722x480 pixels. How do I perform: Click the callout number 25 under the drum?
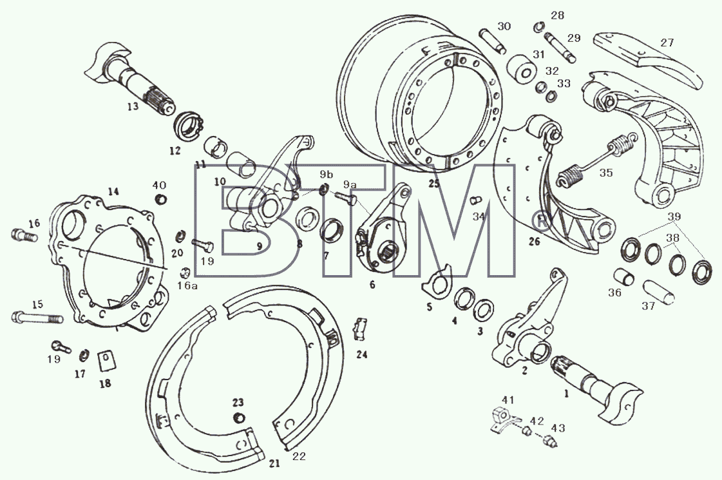tap(433, 184)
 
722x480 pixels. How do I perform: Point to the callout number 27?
tap(667, 43)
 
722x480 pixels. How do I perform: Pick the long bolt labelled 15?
tap(36, 318)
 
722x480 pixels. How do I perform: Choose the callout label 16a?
tap(187, 286)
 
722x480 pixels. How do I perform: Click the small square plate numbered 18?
tap(106, 361)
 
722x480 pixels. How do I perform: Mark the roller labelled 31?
tap(522, 69)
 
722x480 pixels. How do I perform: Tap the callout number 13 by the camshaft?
tap(133, 107)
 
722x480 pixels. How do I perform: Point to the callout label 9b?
tap(326, 175)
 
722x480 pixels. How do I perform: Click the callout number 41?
tap(508, 400)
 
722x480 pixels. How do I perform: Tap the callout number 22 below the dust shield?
tap(298, 457)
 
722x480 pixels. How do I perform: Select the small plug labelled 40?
tap(161, 200)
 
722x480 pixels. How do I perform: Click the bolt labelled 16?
tap(24, 235)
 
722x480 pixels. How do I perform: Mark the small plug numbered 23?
tap(238, 418)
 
